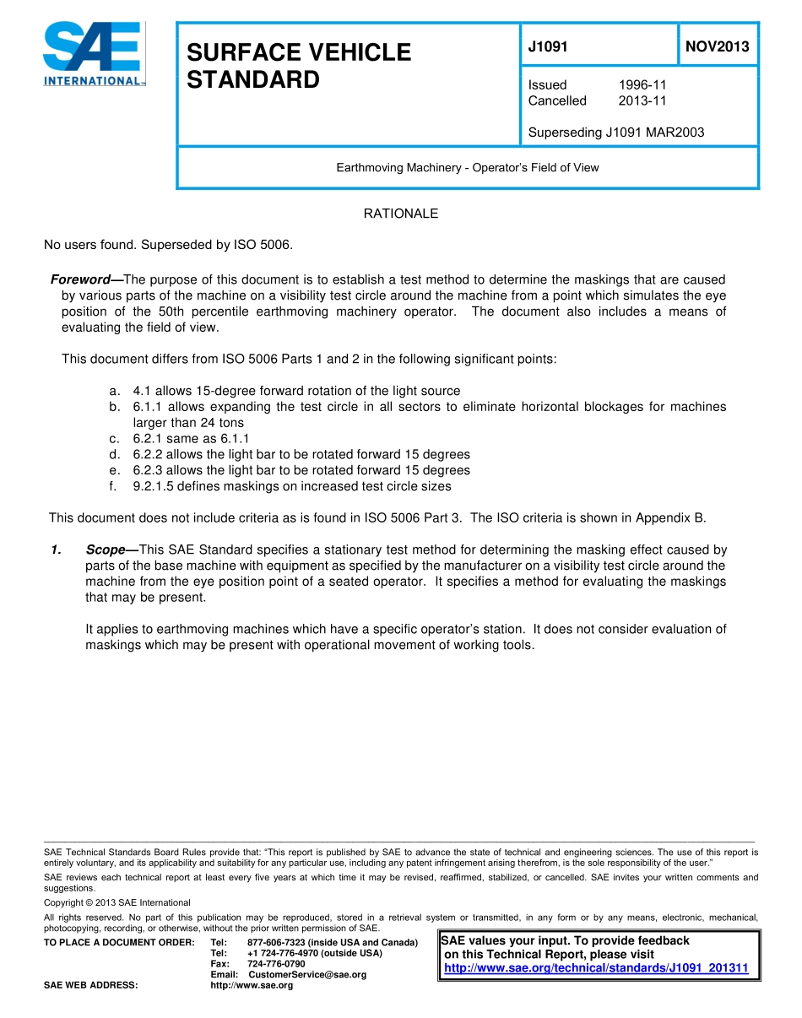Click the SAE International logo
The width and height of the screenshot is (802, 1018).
(94, 54)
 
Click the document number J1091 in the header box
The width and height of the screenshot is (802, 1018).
(548, 47)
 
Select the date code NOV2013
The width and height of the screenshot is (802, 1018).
(717, 47)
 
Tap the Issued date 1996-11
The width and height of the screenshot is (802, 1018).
(642, 85)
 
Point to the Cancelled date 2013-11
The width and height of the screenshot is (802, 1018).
(642, 101)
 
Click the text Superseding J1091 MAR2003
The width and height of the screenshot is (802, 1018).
(615, 133)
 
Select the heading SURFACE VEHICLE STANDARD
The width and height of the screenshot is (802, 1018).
(298, 66)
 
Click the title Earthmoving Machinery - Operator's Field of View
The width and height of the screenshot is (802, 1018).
(467, 168)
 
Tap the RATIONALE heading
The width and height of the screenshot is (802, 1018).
(400, 214)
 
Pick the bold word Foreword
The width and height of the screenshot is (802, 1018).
(80, 279)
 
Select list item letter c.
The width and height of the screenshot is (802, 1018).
(114, 439)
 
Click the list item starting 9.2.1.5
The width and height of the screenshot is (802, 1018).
(292, 486)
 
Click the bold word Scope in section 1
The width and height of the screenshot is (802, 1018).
(105, 550)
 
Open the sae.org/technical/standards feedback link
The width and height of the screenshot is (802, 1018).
(596, 968)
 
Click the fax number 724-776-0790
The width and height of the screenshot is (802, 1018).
(276, 964)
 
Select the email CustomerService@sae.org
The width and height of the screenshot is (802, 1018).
(307, 975)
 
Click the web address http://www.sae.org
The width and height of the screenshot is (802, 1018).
(251, 985)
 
